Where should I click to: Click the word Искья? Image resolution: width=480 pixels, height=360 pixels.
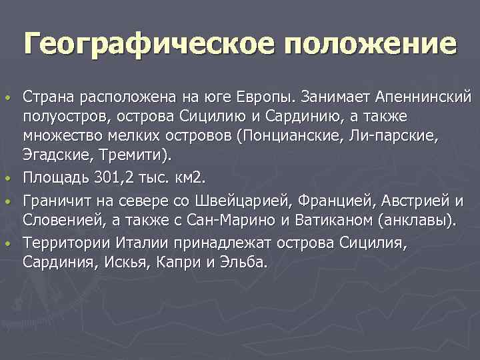point(127,262)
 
